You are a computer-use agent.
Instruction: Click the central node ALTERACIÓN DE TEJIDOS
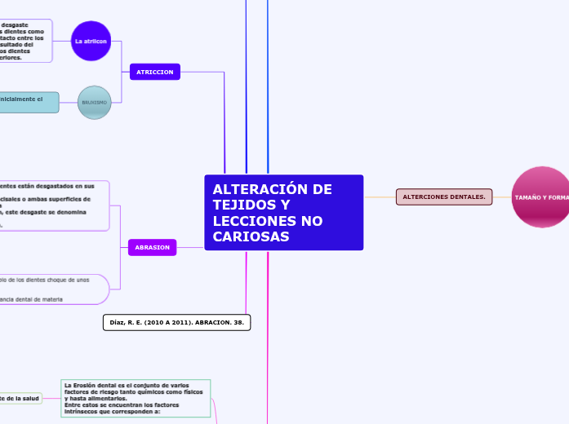[x=283, y=212]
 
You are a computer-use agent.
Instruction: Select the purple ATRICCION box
[x=154, y=72]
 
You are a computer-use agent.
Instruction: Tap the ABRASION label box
[x=152, y=246]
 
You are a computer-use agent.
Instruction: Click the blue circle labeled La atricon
[x=91, y=41]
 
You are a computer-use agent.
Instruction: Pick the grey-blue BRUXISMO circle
[x=94, y=103]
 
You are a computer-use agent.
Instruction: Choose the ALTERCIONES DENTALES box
[x=443, y=197]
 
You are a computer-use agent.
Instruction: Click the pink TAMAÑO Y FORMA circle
[x=541, y=197]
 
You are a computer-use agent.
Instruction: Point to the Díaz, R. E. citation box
[x=176, y=322]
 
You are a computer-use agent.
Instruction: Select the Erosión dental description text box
[x=136, y=398]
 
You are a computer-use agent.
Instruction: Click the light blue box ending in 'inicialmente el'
[x=29, y=102]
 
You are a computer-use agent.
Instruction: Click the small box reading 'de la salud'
[x=20, y=398]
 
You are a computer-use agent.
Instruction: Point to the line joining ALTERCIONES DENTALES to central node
[x=380, y=197]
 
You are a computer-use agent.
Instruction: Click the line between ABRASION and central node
[x=190, y=247]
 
